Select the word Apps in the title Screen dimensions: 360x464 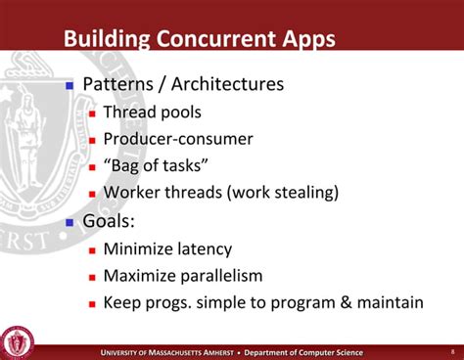point(303,40)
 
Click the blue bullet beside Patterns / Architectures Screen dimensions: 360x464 point(70,85)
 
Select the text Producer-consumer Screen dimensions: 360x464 point(177,139)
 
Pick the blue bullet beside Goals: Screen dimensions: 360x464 point(70,222)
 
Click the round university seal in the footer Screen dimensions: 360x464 point(18,341)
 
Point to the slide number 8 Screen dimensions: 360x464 point(451,351)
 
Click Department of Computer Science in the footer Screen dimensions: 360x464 point(303,352)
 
